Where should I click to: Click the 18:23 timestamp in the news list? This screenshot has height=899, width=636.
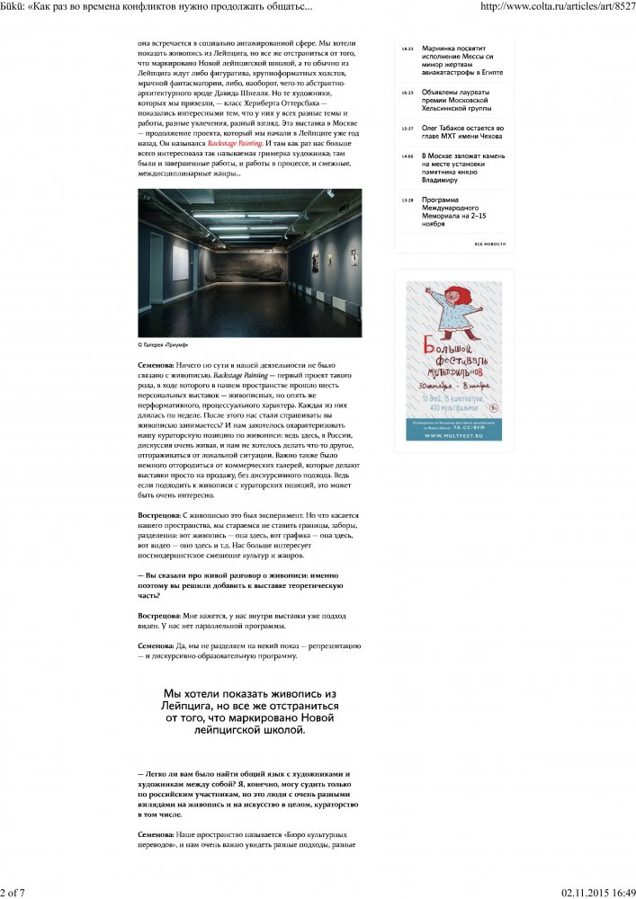click(x=407, y=49)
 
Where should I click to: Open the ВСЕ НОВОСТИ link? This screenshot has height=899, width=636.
click(x=490, y=244)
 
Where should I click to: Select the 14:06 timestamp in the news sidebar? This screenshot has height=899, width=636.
click(x=407, y=156)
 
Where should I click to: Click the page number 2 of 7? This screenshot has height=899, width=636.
click(x=13, y=892)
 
